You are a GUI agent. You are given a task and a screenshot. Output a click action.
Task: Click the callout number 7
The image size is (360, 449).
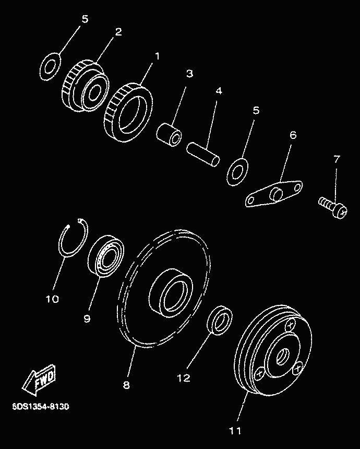pos(337,159)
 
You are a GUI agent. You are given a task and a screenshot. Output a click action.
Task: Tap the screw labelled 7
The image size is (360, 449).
pos(333,207)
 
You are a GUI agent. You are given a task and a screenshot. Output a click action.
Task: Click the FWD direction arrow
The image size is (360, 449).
pos(39,380)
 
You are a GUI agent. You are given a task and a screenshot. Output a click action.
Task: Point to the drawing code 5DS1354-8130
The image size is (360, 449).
pos(40,406)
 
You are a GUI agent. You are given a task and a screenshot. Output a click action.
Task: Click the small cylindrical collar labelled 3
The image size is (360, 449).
pos(169,135)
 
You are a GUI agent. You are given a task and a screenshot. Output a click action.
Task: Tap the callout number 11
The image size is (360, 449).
pos(235,430)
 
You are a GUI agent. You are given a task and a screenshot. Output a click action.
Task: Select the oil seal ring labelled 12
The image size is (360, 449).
pos(220,321)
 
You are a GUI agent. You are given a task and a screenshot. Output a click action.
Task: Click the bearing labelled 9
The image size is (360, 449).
pos(106,256)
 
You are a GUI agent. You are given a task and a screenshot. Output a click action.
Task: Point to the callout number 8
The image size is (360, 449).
pos(126,385)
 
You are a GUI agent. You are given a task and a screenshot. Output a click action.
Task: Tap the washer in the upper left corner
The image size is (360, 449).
pos(50,66)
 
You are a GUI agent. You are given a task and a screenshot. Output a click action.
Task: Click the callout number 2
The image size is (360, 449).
pos(118,32)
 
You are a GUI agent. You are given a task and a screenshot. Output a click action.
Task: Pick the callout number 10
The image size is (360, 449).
pos(52,299)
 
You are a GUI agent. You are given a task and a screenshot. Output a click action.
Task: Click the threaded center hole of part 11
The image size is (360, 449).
pos(283,356)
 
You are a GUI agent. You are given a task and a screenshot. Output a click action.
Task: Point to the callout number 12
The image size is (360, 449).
pos(184,378)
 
